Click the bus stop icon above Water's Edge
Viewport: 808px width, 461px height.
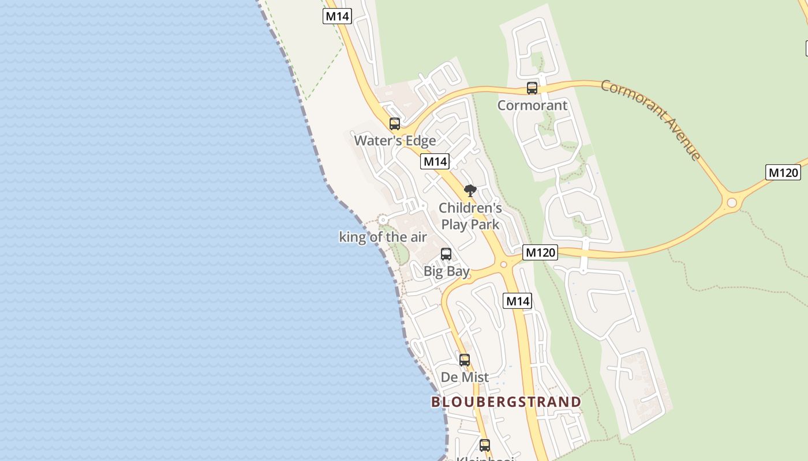pos(395,124)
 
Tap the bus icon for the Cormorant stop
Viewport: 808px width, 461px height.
pos(532,88)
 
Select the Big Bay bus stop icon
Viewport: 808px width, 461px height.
pos(446,254)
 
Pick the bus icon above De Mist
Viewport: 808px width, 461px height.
pos(465,360)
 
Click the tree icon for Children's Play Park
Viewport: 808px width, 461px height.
pos(470,191)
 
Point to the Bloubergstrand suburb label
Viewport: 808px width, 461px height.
pos(506,402)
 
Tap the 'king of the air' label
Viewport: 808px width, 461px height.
pos(383,237)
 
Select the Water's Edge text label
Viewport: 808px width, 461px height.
pos(395,141)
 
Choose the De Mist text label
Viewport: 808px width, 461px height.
pos(465,377)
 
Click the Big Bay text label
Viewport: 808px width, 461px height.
pos(446,271)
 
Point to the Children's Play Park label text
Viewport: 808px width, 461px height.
pos(470,216)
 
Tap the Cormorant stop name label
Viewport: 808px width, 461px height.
pos(532,105)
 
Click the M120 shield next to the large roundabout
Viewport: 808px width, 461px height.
pos(783,172)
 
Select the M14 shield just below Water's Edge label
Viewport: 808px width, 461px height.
pos(435,161)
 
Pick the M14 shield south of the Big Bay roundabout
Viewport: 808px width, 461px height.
pos(517,301)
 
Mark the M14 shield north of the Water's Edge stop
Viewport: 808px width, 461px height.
pos(337,16)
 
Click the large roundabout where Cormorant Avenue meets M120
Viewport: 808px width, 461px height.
pos(732,203)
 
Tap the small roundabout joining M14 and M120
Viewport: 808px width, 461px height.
pos(503,264)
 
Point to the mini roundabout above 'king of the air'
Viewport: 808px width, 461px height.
pos(382,220)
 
